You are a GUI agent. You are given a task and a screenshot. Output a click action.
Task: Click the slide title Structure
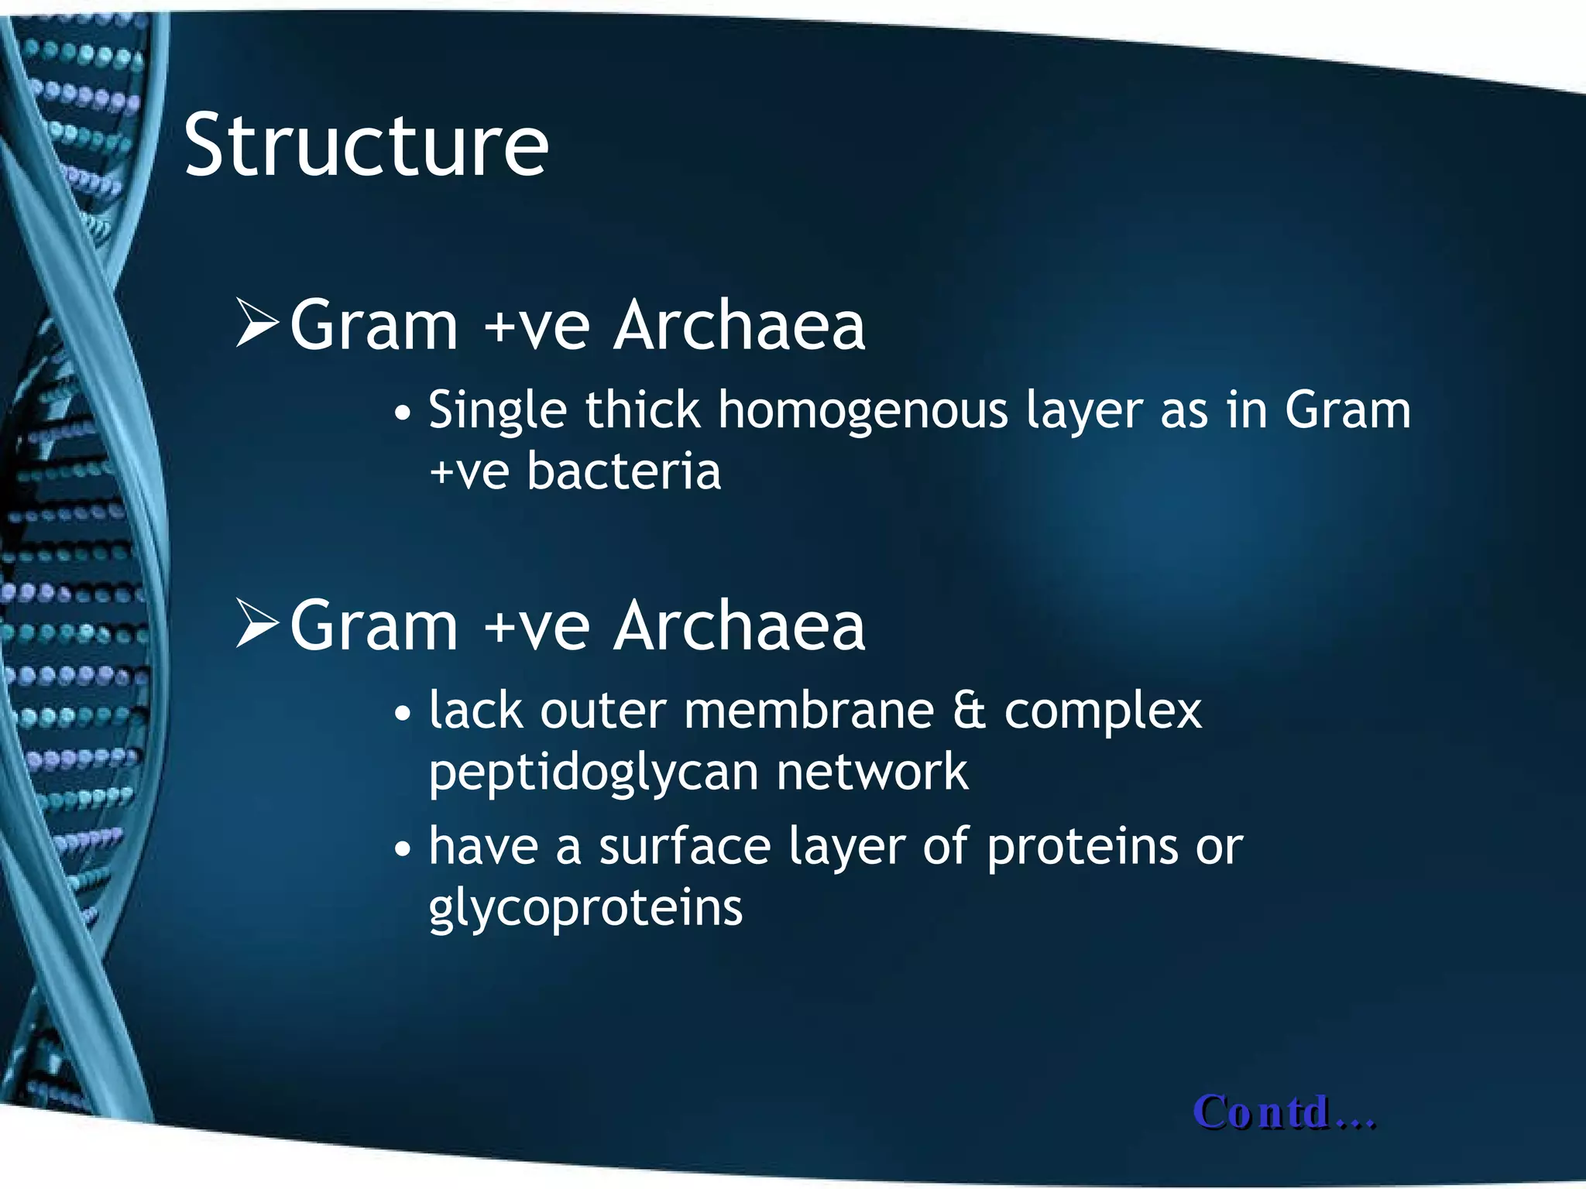(366, 146)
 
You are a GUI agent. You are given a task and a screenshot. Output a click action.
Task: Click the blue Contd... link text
(1284, 1112)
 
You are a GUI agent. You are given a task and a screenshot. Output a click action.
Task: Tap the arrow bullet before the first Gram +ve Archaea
(257, 324)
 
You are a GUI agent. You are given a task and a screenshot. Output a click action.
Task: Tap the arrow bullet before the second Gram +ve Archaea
(257, 625)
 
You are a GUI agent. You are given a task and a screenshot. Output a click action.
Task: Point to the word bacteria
(623, 471)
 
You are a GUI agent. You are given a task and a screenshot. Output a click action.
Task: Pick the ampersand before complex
(969, 710)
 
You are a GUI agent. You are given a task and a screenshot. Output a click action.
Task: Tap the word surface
(685, 845)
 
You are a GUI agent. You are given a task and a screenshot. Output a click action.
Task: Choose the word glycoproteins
(585, 909)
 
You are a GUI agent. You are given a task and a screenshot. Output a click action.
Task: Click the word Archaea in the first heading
(739, 326)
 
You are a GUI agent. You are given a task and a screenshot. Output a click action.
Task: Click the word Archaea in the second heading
(739, 626)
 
